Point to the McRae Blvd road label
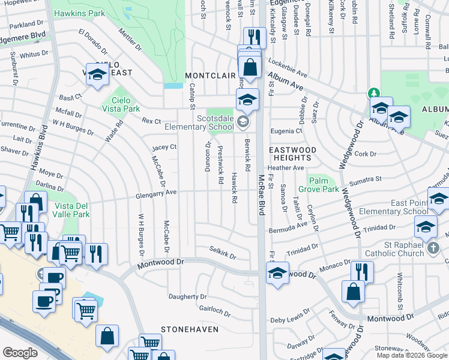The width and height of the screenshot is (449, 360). pos(262,200)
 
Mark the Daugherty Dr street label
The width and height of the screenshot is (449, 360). pos(187,296)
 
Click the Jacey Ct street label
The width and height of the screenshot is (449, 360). pos(164,147)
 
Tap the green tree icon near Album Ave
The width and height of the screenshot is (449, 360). pos(373,93)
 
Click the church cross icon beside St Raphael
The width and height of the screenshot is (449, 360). pos(434,248)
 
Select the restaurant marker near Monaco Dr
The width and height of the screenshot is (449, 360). pos(362,271)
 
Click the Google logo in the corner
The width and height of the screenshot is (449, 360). pos(20,353)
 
